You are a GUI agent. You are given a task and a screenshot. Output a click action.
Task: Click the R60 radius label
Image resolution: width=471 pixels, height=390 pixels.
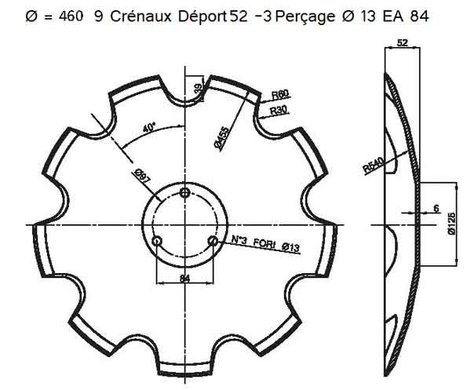281,95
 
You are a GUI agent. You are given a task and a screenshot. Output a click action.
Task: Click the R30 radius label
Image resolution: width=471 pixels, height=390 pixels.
279,111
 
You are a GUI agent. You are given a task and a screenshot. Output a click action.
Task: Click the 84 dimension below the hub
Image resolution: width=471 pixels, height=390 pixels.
184,276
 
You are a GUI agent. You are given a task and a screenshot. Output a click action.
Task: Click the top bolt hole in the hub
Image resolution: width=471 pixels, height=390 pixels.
184,193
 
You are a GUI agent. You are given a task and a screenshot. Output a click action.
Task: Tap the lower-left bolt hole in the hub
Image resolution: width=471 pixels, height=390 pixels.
157,240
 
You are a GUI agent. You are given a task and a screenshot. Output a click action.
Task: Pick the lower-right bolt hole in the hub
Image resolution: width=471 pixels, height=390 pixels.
211,240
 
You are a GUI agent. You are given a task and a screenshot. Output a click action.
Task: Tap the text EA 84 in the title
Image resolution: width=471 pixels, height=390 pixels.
407,16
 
